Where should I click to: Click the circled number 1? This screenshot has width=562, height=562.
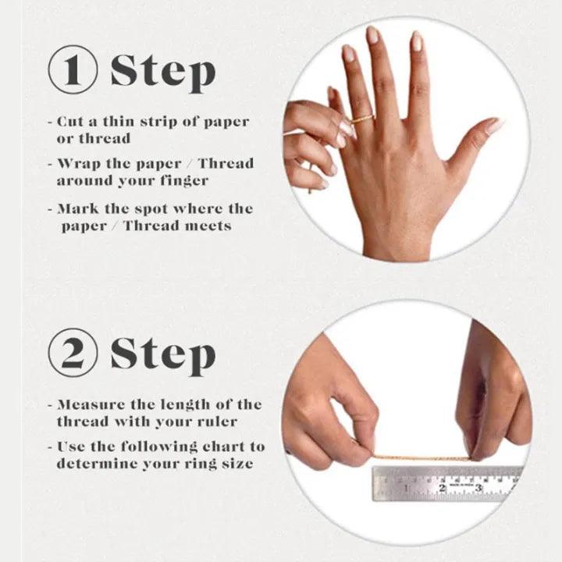click(73, 69)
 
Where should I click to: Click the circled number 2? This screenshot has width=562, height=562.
click(73, 352)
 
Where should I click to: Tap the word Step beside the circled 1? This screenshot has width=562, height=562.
click(163, 73)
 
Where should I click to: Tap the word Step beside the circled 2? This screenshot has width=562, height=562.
click(163, 355)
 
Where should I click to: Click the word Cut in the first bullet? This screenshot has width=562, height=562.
click(70, 122)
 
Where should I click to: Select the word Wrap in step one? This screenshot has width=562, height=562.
click(79, 164)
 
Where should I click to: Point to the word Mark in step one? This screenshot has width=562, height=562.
click(78, 208)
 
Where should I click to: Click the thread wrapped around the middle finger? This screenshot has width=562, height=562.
click(362, 119)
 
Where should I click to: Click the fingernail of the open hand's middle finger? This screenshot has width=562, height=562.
click(373, 35)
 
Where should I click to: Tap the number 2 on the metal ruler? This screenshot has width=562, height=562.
click(442, 488)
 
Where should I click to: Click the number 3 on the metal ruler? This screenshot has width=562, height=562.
click(478, 488)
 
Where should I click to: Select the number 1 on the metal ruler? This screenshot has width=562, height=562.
click(406, 488)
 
